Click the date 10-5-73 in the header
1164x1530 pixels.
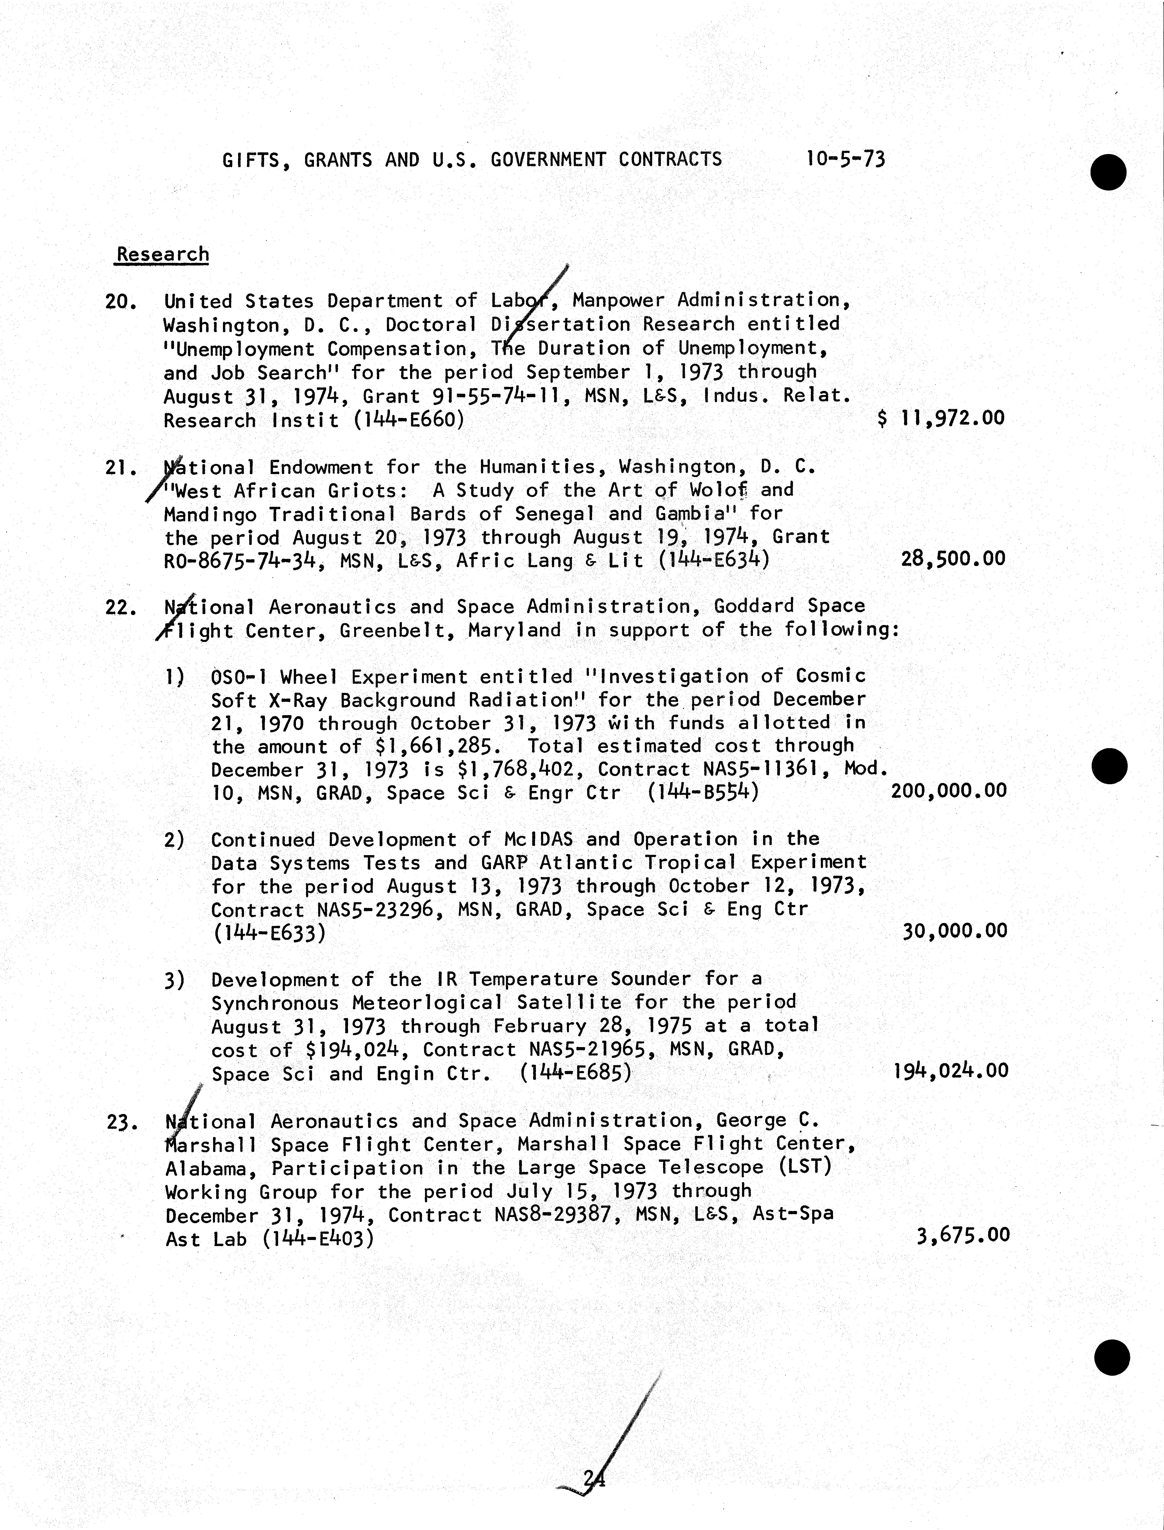point(845,159)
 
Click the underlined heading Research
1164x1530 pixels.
point(162,254)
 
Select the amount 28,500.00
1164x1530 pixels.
point(953,559)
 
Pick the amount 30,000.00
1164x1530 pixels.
point(954,930)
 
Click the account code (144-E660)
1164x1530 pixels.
point(408,420)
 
